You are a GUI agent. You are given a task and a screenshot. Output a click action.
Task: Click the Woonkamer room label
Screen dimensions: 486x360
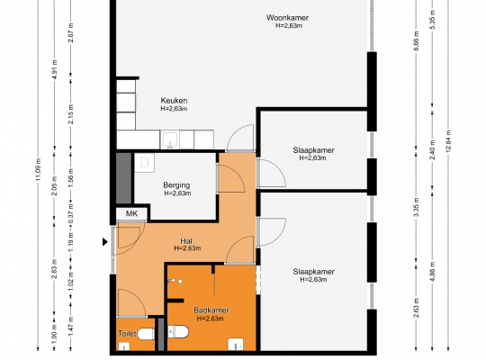[287, 18]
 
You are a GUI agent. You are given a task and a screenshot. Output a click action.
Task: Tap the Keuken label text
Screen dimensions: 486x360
[174, 101]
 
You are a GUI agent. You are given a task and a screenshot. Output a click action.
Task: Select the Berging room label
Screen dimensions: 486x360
[176, 185]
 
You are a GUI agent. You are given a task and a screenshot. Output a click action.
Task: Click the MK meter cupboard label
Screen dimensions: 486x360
[131, 213]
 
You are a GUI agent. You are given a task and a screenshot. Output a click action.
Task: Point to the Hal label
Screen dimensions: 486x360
[186, 241]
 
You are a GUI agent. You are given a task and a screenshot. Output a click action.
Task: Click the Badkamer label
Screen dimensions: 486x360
[211, 310]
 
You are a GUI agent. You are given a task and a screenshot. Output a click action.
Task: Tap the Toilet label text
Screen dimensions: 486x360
[127, 334]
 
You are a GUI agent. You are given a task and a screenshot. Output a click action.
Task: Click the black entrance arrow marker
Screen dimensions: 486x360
[105, 242]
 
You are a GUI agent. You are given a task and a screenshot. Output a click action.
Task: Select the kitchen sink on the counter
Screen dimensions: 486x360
[170, 139]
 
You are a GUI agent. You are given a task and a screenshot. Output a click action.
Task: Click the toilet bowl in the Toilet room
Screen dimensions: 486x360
[146, 334]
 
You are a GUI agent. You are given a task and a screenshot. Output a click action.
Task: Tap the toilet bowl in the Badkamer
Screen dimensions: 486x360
[178, 332]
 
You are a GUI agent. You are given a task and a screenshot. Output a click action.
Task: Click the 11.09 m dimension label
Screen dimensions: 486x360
[38, 169]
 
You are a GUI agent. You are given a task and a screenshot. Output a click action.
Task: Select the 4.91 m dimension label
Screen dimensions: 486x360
[55, 69]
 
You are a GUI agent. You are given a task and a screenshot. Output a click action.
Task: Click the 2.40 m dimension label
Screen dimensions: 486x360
[433, 149]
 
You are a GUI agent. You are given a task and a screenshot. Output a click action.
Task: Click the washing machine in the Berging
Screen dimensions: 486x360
[144, 163]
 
